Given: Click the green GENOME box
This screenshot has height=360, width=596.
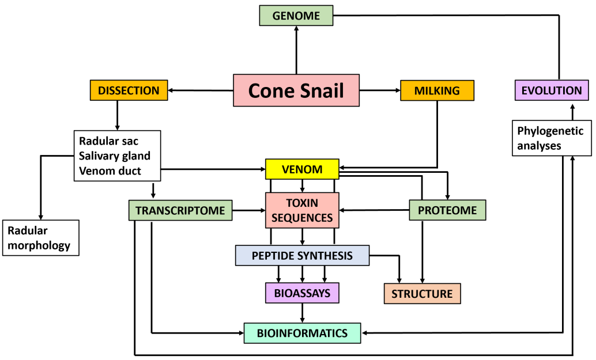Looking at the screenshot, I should pyautogui.click(x=296, y=16).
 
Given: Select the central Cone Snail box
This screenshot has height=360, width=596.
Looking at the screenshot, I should pyautogui.click(x=296, y=90).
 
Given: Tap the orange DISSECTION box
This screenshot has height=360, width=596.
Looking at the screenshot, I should pyautogui.click(x=129, y=90).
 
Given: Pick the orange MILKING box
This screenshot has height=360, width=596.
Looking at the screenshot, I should pyautogui.click(x=437, y=90).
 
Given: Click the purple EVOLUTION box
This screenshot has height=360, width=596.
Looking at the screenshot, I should pyautogui.click(x=551, y=90).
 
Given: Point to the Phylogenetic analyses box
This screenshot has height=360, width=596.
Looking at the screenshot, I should pyautogui.click(x=551, y=138).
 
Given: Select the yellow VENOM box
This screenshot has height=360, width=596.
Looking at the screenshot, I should pyautogui.click(x=302, y=169).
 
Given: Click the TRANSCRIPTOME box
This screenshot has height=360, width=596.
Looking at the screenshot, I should pyautogui.click(x=180, y=210).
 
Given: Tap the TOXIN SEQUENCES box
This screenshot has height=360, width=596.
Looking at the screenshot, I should pyautogui.click(x=302, y=210).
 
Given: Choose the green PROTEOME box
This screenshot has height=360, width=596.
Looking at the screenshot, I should pyautogui.click(x=447, y=210).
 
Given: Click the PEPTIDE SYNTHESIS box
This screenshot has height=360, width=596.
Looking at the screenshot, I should pyautogui.click(x=302, y=255).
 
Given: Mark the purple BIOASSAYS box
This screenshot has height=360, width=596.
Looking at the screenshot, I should pyautogui.click(x=302, y=293).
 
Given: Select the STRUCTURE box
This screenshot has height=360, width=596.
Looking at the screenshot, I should pyautogui.click(x=422, y=294).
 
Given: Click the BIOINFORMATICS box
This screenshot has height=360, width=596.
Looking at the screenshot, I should pyautogui.click(x=302, y=333).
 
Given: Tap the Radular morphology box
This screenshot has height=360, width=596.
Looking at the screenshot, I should pyautogui.click(x=40, y=238).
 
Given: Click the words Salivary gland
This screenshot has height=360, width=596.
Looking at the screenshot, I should pyautogui.click(x=115, y=156).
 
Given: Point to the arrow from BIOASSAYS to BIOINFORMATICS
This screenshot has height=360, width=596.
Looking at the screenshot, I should pyautogui.click(x=302, y=313).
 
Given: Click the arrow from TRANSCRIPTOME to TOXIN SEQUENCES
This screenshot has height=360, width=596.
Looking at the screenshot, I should pyautogui.click(x=248, y=211).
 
